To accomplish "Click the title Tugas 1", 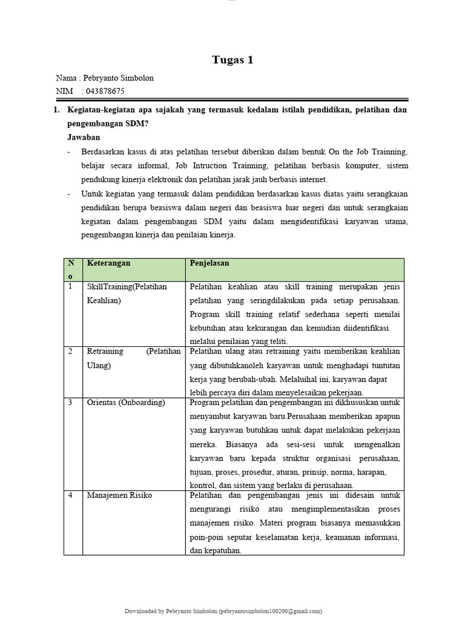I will (x=232, y=60).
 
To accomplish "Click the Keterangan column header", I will (x=109, y=263).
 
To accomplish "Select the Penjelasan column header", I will (x=209, y=263).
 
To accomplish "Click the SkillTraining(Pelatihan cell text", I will (x=126, y=286).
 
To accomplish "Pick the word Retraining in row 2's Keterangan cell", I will (x=105, y=352).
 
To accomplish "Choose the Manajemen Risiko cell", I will (x=119, y=495).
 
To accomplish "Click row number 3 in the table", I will (x=70, y=403).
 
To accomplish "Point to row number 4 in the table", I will (x=70, y=495).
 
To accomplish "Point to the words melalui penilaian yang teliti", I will (x=240, y=341).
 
